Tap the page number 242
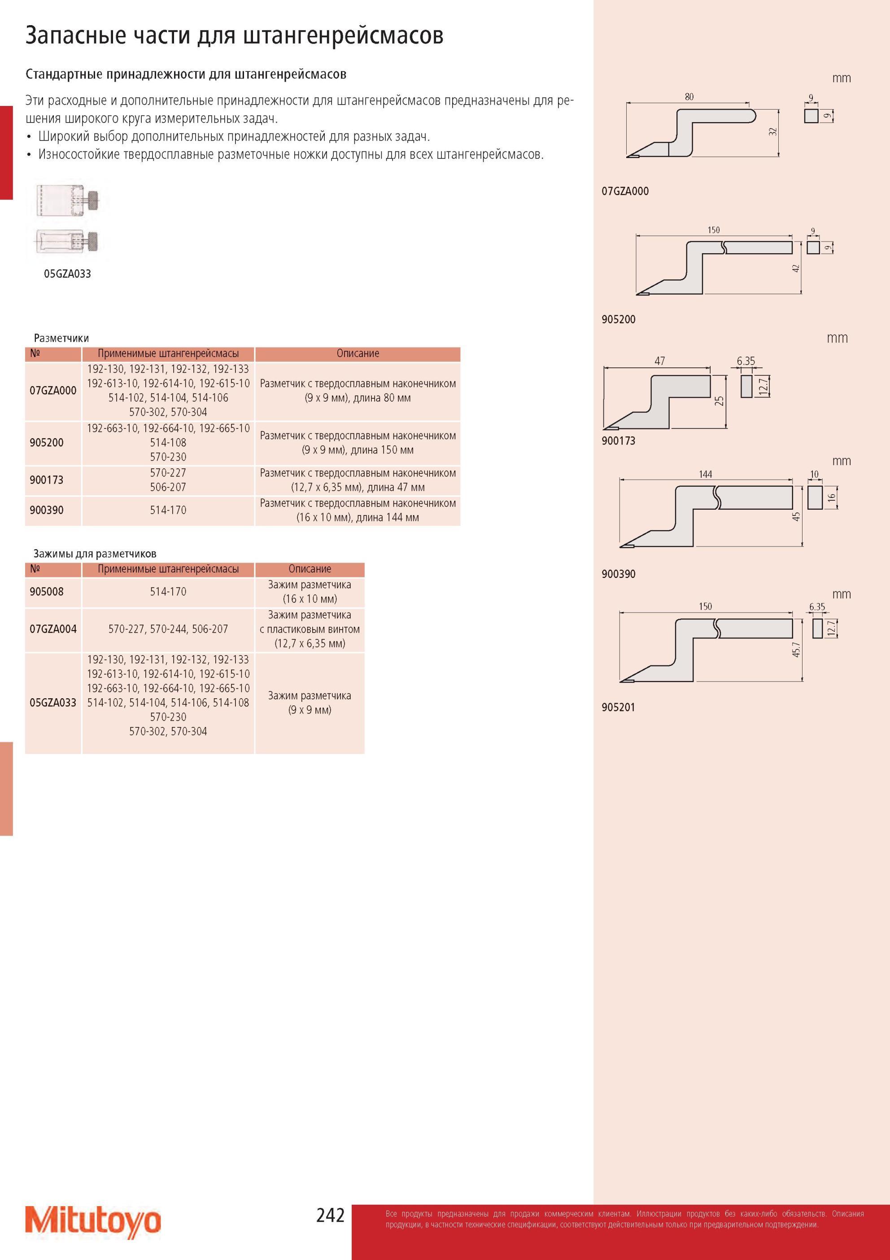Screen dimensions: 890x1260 click(x=330, y=1215)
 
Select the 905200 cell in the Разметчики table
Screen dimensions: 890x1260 click(x=47, y=443)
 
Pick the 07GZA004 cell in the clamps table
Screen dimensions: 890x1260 click(x=53, y=630)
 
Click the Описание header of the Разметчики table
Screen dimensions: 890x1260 click(x=358, y=353)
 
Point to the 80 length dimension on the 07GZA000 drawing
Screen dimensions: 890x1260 click(x=689, y=97)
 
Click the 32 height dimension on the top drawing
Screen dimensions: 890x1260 click(x=772, y=132)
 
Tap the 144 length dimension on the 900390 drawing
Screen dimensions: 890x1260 click(x=705, y=474)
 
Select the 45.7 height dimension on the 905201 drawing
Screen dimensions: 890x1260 click(x=796, y=649)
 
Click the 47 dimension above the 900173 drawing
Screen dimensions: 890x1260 click(x=660, y=361)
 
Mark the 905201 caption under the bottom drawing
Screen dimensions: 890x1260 click(x=619, y=707)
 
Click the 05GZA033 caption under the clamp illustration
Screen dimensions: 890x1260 click(x=67, y=274)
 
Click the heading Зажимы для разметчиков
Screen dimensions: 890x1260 click(x=95, y=554)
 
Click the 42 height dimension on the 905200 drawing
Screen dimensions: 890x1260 click(x=796, y=269)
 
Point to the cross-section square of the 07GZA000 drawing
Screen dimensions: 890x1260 click(x=811, y=116)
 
